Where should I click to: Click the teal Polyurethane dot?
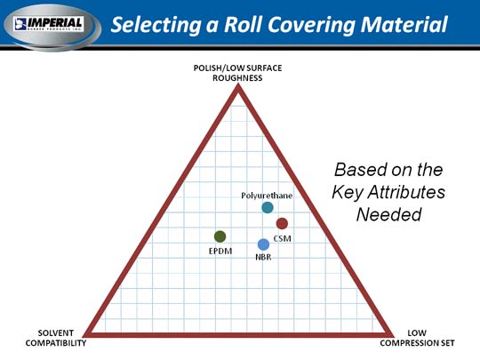(x=268, y=207)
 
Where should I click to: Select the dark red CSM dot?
(x=282, y=223)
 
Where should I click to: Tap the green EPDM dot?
(x=220, y=236)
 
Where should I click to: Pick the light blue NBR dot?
(x=263, y=244)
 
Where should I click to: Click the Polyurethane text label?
(x=267, y=196)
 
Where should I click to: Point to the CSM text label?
(x=283, y=238)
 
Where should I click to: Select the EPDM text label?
(x=220, y=252)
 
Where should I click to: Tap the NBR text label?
(x=263, y=257)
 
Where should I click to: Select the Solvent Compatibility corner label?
(x=56, y=338)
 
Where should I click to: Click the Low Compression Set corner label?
(x=417, y=338)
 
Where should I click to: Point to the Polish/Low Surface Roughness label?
(x=237, y=73)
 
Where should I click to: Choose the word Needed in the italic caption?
(x=389, y=214)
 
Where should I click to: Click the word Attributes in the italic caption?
(x=406, y=192)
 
